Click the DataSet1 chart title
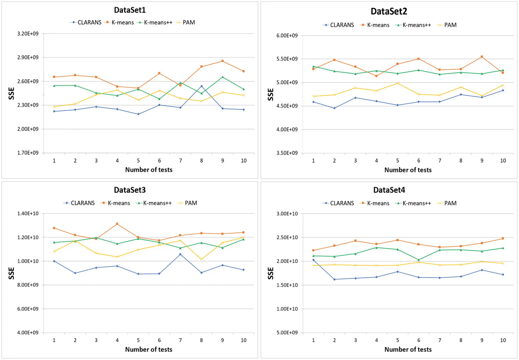coord(130,10)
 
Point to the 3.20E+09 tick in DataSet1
coord(28,34)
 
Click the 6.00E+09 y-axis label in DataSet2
coord(287,35)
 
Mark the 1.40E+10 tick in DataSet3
coord(28,213)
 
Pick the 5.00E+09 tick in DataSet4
coord(287,333)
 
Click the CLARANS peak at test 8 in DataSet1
coord(201,86)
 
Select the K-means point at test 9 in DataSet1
coord(222,61)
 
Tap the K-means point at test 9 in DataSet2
coord(482,57)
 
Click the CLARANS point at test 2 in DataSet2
coord(334,108)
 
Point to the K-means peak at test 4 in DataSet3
coord(117,224)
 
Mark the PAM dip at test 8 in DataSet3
coord(201,259)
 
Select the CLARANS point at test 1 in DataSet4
coord(313,260)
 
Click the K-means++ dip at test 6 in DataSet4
coord(418,260)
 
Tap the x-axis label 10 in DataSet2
coord(503,161)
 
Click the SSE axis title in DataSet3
coord(11,273)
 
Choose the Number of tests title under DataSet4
coord(408,349)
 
